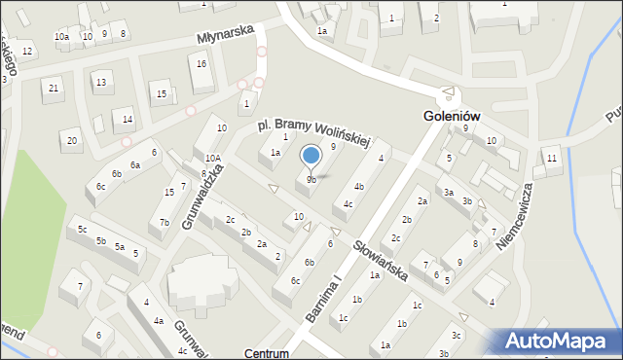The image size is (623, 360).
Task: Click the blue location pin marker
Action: (x=311, y=156)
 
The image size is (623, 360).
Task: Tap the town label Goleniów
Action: (x=453, y=114)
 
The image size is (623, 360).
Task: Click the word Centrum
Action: (x=268, y=353)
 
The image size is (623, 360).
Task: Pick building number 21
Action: (x=54, y=89)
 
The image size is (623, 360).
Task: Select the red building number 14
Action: (x=128, y=120)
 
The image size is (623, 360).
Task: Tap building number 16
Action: (x=202, y=63)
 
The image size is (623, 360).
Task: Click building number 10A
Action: (x=212, y=158)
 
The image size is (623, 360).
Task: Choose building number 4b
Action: (x=359, y=186)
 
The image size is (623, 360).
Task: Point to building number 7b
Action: (x=165, y=223)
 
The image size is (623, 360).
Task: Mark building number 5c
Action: (x=82, y=230)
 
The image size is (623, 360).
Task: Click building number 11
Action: (x=552, y=158)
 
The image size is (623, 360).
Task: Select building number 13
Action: (x=100, y=82)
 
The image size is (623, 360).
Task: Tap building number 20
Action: (x=71, y=140)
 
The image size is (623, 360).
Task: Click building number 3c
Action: (x=456, y=335)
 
